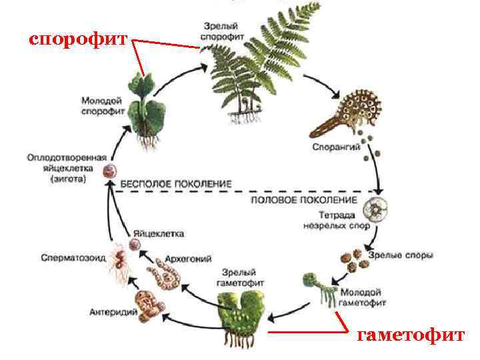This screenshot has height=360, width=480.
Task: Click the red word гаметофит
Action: [x=410, y=335]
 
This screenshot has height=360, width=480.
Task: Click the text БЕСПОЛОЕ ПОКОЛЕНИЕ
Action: [x=176, y=183]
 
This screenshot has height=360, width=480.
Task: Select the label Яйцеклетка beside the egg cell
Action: [x=159, y=234]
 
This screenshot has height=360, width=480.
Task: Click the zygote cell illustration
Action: [x=109, y=171]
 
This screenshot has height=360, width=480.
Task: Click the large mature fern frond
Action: [x=260, y=67]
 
